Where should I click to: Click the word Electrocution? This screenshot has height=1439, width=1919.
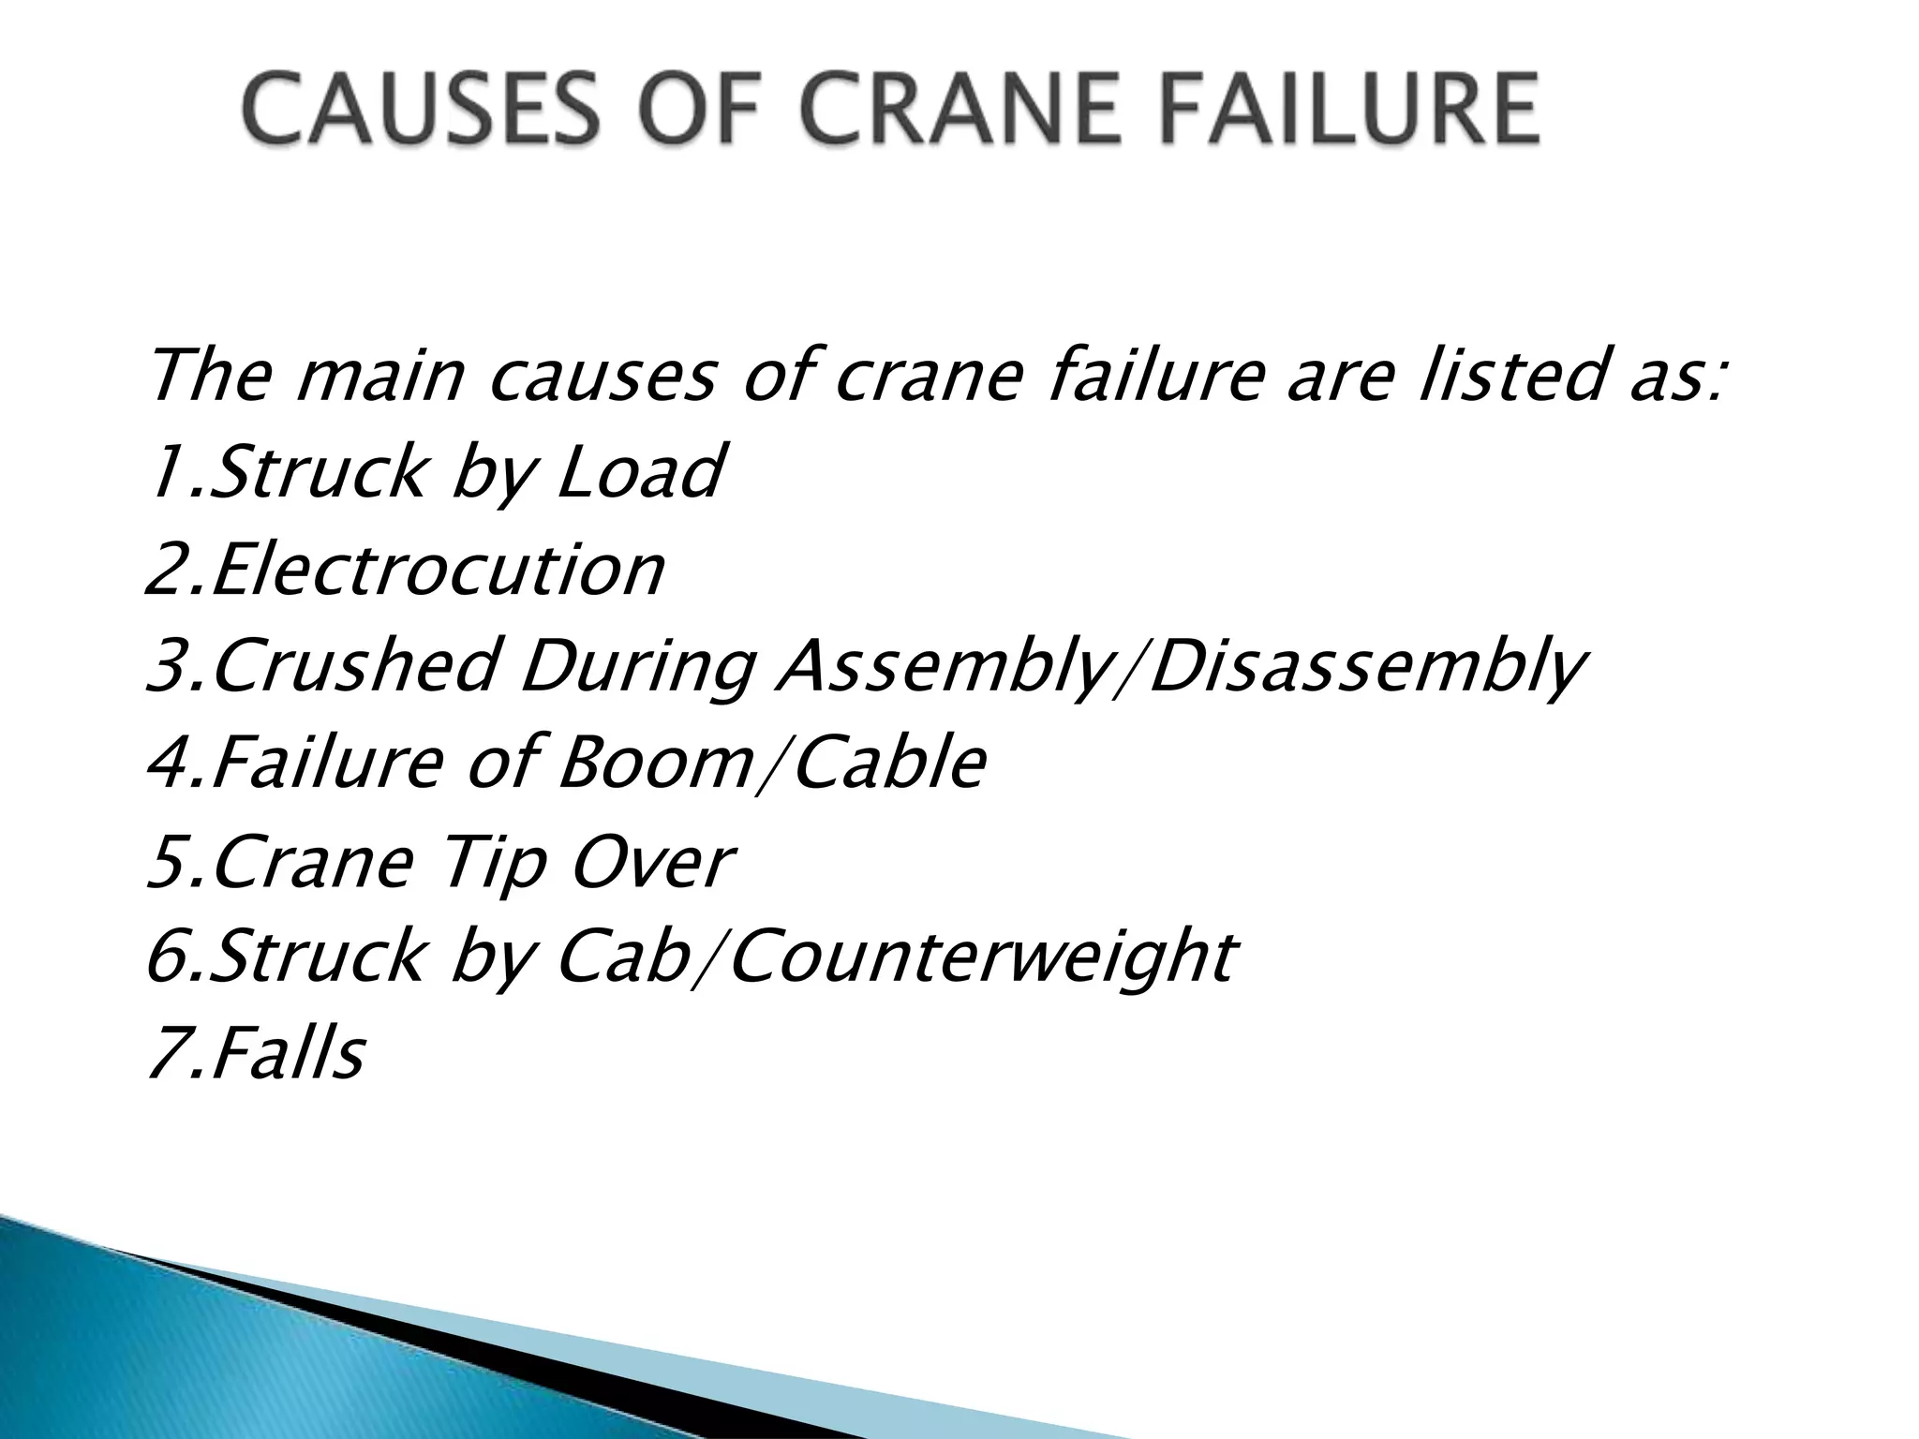click(438, 571)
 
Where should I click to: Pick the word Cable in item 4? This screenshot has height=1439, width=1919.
click(888, 763)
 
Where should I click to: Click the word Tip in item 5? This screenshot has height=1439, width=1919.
click(493, 864)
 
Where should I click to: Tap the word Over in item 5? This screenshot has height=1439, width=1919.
click(652, 864)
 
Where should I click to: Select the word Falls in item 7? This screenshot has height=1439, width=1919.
click(287, 1054)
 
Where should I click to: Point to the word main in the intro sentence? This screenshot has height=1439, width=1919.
click(379, 376)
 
